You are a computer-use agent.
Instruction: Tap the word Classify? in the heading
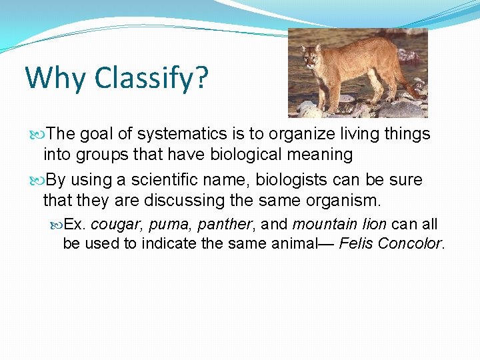pos(151,79)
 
